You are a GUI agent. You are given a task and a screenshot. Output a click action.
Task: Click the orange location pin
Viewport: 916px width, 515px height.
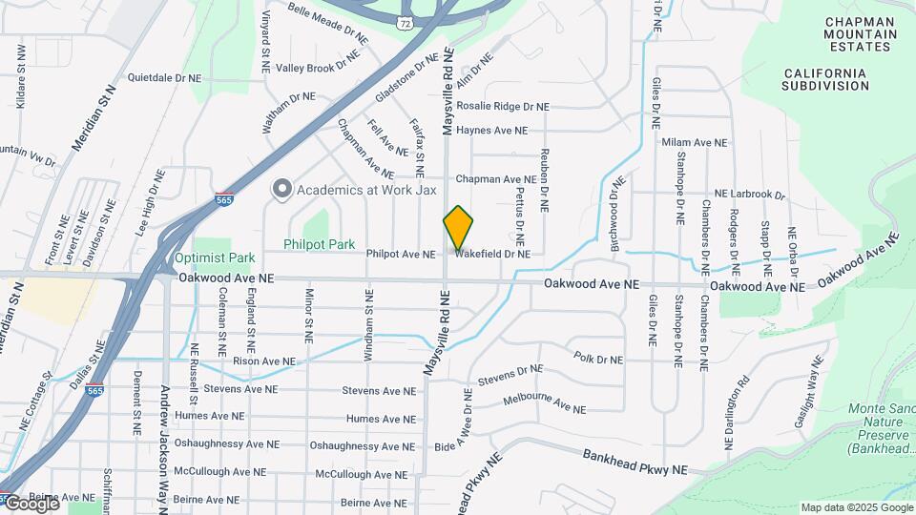458,227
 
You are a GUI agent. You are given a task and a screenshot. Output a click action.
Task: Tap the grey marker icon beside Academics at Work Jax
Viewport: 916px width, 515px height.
281,189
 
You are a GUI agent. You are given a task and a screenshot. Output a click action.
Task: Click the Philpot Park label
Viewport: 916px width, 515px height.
319,244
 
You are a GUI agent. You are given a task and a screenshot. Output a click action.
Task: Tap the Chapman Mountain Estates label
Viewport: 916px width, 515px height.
862,33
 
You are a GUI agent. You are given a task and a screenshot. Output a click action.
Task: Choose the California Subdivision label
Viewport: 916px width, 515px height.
824,79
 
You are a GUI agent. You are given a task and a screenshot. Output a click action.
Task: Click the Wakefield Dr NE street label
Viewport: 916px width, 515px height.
491,255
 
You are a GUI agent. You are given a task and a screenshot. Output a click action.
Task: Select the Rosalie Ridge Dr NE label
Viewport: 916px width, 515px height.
503,107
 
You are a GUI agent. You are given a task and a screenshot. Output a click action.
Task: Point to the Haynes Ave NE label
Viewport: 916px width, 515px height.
491,130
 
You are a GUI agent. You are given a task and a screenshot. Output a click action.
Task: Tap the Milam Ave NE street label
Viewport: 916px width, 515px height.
694,142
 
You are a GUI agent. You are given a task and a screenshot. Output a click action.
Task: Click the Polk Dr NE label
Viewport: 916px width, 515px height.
598,360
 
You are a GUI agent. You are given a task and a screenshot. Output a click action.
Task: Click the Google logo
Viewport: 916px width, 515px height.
31,504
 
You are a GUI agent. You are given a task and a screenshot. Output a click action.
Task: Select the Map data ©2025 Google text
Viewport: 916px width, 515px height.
856,507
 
